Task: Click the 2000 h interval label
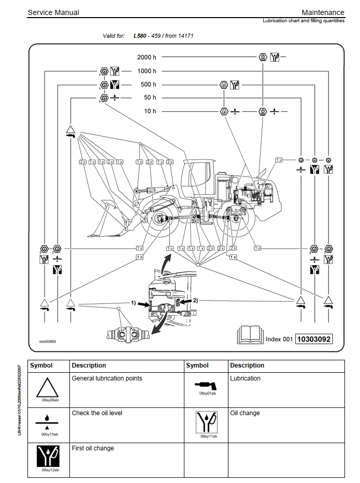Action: click(147, 57)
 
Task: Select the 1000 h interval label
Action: click(147, 71)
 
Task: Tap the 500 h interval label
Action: click(148, 84)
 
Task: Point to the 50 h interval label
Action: click(150, 97)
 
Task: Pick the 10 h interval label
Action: click(150, 111)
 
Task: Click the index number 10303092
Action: click(314, 339)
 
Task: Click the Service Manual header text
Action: click(53, 12)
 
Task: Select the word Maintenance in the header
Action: click(323, 12)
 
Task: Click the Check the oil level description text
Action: click(97, 413)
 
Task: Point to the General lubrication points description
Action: click(107, 378)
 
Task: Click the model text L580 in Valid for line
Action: click(140, 36)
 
